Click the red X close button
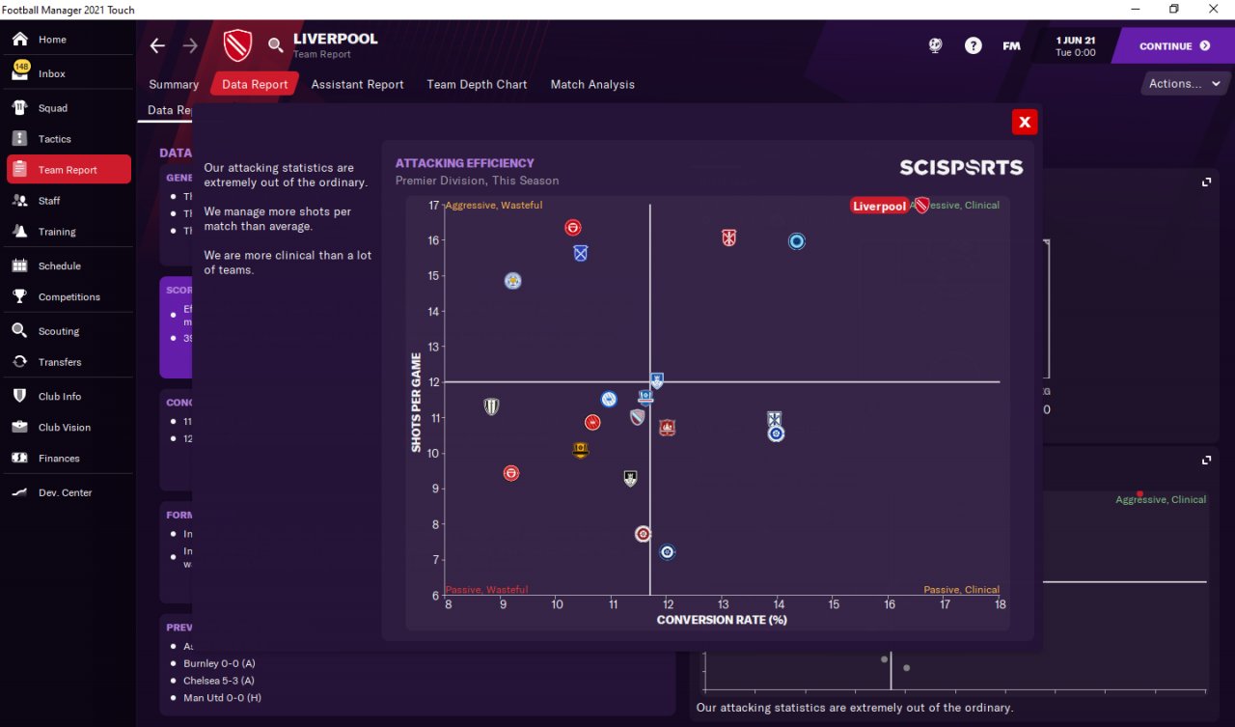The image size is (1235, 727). [1025, 122]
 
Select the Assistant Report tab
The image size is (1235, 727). [357, 84]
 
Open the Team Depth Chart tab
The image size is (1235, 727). [477, 84]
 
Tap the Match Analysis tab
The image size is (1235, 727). [592, 84]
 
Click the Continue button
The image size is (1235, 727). [1173, 46]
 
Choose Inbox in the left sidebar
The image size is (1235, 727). [52, 73]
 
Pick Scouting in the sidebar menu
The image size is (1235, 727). [59, 331]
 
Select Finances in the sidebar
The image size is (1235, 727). [59, 459]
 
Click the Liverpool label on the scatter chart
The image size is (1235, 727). [879, 206]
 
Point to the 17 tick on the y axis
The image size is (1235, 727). [433, 206]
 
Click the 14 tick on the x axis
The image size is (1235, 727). [779, 604]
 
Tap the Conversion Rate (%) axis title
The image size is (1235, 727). [722, 620]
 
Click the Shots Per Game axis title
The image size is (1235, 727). [417, 403]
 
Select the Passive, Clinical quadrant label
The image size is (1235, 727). [961, 590]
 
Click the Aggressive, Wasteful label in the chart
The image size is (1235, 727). [494, 206]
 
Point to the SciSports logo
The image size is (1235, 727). [961, 168]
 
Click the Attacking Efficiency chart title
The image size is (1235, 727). [464, 163]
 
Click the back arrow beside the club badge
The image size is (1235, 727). [157, 45]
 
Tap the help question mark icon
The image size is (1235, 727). [973, 45]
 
